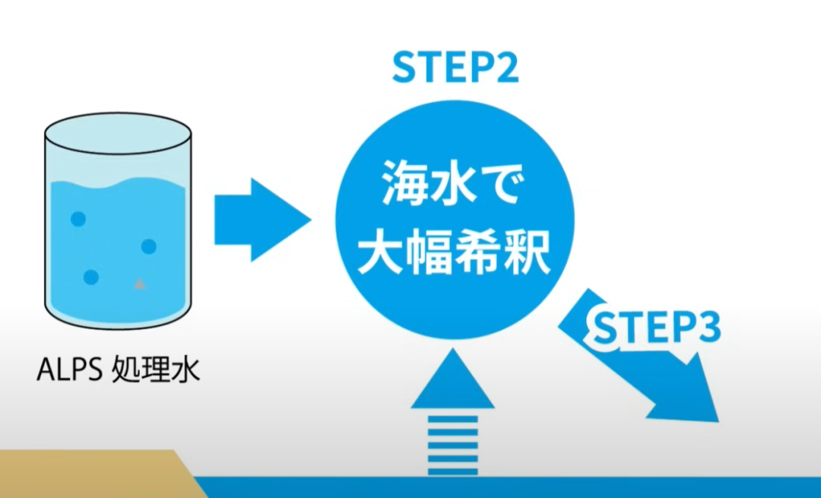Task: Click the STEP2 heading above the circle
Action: [455, 68]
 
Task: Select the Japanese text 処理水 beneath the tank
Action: [156, 373]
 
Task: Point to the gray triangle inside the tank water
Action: [139, 284]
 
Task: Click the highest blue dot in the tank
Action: [78, 219]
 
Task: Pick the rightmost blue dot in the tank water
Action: [149, 246]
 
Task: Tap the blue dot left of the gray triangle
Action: [91, 278]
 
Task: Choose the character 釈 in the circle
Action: [528, 254]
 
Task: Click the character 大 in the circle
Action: [380, 254]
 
